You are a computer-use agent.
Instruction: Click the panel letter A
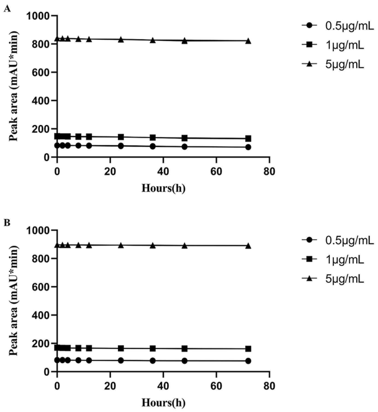click(7, 9)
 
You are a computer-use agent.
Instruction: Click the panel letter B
click(7, 223)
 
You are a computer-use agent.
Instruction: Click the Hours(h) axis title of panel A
click(163, 188)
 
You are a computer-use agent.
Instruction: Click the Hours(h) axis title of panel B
click(163, 403)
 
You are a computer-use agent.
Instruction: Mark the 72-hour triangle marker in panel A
click(248, 41)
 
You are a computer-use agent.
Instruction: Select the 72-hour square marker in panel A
click(248, 138)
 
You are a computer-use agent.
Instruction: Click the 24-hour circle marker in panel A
click(121, 146)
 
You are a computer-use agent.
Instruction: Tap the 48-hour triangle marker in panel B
click(185, 246)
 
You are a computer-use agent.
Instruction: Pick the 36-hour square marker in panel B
click(153, 348)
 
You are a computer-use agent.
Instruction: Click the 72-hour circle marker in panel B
click(248, 361)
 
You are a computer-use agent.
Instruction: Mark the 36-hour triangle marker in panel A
click(153, 40)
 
